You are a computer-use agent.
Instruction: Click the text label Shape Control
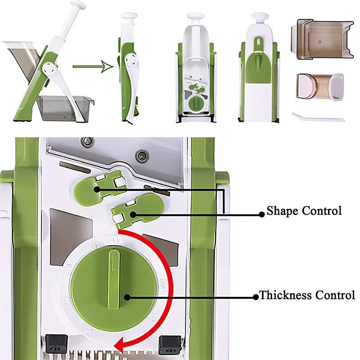[304, 211]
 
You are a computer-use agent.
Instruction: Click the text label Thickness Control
[307, 296]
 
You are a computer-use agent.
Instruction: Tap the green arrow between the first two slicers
[92, 67]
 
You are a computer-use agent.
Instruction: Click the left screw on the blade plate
[85, 143]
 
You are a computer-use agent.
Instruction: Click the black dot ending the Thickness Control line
[127, 297]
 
